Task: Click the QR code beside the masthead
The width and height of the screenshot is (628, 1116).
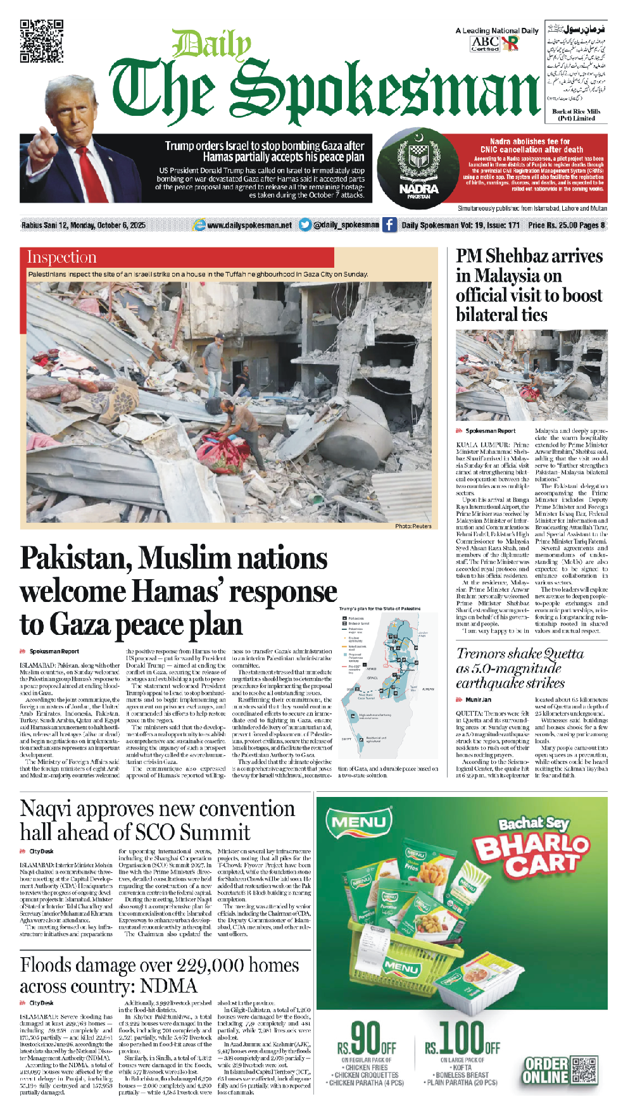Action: [x=42, y=41]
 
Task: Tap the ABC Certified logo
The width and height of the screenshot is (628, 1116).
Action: [x=486, y=43]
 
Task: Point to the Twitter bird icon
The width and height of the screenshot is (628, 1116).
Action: [x=305, y=225]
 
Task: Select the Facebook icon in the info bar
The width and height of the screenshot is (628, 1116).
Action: [x=389, y=225]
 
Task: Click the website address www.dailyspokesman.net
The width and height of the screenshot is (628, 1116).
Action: [x=249, y=225]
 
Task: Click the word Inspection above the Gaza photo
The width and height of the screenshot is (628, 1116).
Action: [x=61, y=257]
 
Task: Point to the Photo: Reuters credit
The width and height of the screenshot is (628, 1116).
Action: [x=413, y=526]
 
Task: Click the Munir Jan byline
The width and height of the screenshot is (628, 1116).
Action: [x=478, y=699]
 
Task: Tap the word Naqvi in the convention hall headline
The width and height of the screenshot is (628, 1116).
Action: [x=46, y=809]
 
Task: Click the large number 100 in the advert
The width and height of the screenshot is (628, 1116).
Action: [x=462, y=1038]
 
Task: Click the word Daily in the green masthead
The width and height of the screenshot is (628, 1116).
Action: [x=211, y=46]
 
